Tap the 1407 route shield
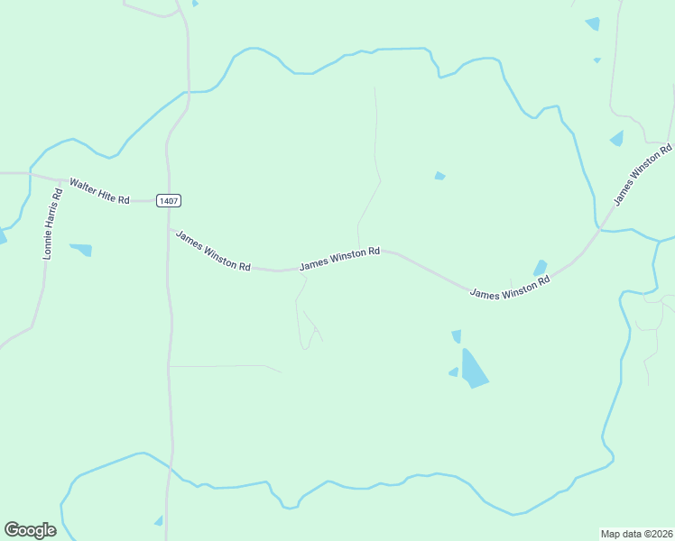(167, 200)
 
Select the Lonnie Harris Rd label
(53, 220)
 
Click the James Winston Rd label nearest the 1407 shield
(213, 251)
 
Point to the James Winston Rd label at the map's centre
(339, 259)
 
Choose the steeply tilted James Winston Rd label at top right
(643, 174)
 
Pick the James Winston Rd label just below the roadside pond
(510, 288)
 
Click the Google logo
(30, 530)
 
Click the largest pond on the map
(473, 369)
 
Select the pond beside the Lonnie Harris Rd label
(82, 249)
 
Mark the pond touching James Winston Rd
(540, 268)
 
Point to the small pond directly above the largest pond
(457, 336)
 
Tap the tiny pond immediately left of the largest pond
(453, 371)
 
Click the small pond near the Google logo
(159, 520)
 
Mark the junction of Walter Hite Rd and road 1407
(167, 200)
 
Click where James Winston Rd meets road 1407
(169, 229)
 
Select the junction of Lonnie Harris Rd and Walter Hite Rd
(60, 180)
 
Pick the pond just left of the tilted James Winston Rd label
(617, 138)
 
